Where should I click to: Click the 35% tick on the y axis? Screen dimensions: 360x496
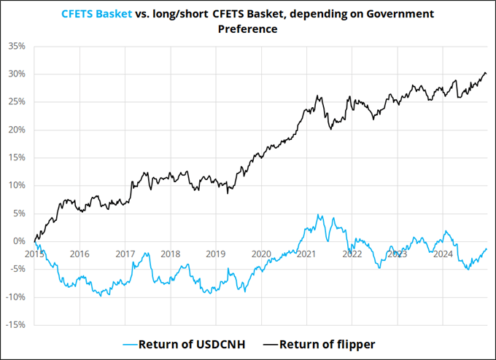17,46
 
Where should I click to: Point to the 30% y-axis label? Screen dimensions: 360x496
17,74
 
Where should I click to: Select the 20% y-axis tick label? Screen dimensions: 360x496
17,130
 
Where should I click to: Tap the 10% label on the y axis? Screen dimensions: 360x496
17,186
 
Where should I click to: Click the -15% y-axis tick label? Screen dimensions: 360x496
15,325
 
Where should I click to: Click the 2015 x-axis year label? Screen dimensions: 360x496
34,254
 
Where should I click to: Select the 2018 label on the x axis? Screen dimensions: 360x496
170,254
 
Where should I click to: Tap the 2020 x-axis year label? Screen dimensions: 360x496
261,254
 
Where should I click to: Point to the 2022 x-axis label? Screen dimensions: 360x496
352,254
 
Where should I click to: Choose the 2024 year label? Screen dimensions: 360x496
443,254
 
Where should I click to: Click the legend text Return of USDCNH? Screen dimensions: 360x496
191,344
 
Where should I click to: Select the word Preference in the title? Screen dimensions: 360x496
248,28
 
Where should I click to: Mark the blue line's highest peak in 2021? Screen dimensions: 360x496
318,215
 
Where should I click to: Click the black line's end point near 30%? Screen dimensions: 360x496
486,74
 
